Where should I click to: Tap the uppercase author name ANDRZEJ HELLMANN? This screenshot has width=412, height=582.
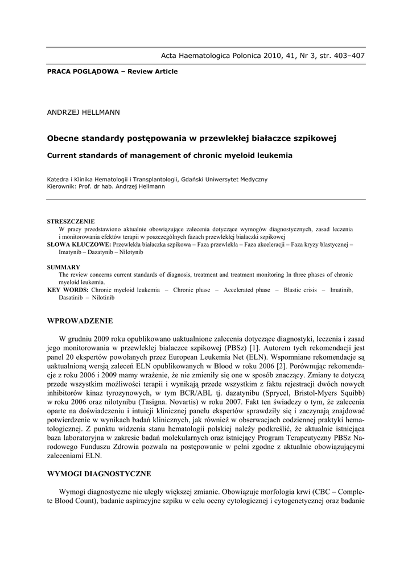[84, 112]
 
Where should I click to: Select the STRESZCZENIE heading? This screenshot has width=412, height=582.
[71, 221]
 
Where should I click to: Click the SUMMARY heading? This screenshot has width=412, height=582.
[63, 267]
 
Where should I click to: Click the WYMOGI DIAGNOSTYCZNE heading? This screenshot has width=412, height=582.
[99, 473]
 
